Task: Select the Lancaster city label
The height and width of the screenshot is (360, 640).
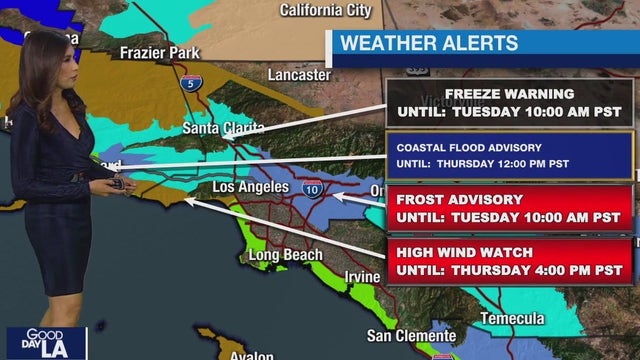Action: pyautogui.click(x=298, y=74)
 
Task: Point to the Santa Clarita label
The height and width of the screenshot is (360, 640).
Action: pyautogui.click(x=223, y=128)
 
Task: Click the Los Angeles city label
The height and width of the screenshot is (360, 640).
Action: pyautogui.click(x=251, y=187)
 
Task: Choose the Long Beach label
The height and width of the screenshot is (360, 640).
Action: pyautogui.click(x=284, y=255)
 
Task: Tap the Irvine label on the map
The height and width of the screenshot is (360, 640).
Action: pyautogui.click(x=361, y=276)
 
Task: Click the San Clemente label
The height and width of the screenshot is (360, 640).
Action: pyautogui.click(x=411, y=334)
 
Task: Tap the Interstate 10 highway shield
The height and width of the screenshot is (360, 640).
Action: pyautogui.click(x=315, y=189)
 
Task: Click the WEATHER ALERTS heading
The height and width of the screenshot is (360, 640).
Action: pyautogui.click(x=429, y=43)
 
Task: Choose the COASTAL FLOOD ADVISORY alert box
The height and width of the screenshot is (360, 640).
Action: pyautogui.click(x=509, y=156)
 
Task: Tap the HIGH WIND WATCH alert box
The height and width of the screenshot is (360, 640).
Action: pyautogui.click(x=509, y=261)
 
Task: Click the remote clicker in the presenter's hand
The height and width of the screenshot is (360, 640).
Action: pyautogui.click(x=119, y=183)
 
